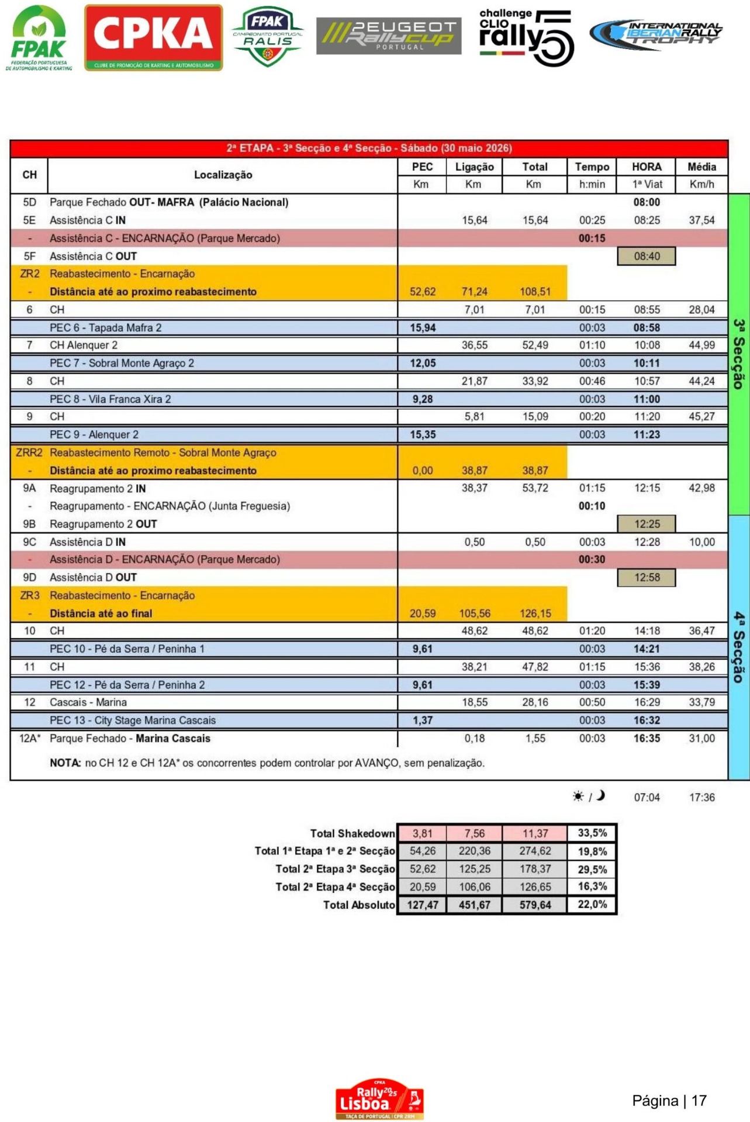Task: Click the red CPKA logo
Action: click(153, 37)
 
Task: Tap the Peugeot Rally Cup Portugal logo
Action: click(389, 36)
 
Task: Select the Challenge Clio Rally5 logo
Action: click(526, 37)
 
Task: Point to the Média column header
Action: click(701, 167)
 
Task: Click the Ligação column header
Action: click(474, 167)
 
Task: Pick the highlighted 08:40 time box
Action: click(647, 256)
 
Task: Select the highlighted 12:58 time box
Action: click(647, 577)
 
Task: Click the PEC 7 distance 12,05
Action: click(423, 363)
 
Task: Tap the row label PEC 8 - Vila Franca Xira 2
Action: click(110, 399)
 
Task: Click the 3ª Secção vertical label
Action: click(739, 354)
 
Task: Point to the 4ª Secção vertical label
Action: click(739, 647)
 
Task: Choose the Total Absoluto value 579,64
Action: click(535, 905)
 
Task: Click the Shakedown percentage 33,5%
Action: click(592, 833)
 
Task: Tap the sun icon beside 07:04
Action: click(578, 797)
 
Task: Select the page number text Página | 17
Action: click(669, 1101)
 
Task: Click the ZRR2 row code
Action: click(29, 452)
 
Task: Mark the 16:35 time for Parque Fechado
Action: click(647, 738)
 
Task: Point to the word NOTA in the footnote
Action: click(65, 763)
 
